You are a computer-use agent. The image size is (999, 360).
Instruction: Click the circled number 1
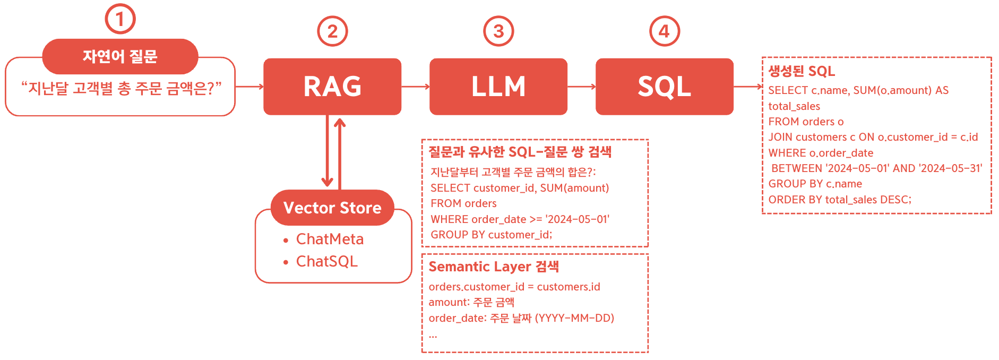120,19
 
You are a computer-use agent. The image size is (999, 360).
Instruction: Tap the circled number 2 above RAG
332,31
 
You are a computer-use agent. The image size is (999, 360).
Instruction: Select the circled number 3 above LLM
498,31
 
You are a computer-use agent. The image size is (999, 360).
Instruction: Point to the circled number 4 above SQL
665,31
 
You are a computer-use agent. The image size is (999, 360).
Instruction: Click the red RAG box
332,87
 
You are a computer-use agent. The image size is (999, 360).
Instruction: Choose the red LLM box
498,87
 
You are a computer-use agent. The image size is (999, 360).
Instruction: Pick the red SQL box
665,87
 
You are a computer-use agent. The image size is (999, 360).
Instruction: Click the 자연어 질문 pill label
120,56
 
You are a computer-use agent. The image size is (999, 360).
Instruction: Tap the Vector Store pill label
332,208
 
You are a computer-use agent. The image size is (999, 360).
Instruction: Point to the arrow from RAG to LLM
416,87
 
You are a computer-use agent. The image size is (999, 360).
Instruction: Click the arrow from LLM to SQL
582,87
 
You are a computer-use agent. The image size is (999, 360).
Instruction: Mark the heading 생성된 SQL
802,71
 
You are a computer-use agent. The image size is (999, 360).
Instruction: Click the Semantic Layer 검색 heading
494,267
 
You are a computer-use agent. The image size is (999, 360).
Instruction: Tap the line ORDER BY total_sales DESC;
840,200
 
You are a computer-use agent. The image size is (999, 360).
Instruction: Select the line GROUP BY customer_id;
492,235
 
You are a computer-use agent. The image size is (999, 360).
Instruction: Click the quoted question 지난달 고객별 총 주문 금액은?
121,88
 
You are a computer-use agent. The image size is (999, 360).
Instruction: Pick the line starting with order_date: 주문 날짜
521,318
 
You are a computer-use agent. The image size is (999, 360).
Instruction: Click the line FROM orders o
806,122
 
